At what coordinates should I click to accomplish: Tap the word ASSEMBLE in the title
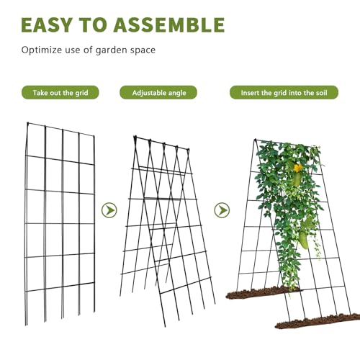click(169, 24)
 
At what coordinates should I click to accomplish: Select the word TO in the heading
click(93, 24)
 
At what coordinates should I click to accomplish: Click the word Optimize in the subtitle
click(42, 50)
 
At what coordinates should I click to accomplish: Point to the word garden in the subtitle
click(112, 50)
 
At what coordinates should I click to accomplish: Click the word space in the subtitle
click(143, 50)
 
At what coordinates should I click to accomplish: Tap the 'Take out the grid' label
click(60, 93)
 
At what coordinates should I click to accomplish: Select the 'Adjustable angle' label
click(158, 93)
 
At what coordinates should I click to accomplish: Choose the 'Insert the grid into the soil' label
click(284, 93)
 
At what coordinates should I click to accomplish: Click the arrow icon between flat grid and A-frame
click(109, 210)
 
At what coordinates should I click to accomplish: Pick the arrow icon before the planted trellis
click(222, 210)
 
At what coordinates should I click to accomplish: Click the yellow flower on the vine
click(298, 168)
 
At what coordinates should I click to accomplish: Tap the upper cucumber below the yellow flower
click(297, 179)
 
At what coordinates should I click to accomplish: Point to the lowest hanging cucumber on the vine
click(304, 240)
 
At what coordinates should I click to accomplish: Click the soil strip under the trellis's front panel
click(318, 321)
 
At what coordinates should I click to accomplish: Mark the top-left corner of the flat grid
click(27, 123)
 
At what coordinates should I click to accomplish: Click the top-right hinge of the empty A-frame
click(188, 150)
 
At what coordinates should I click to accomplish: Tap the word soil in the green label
click(321, 93)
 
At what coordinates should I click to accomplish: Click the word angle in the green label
click(177, 93)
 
